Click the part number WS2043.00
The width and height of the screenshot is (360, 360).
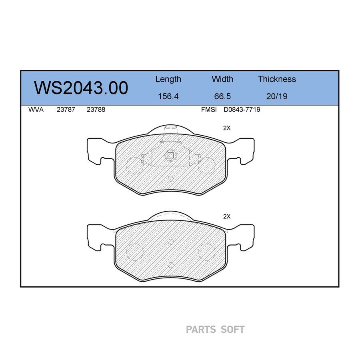(x=81, y=88)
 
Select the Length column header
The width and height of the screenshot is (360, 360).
(x=168, y=80)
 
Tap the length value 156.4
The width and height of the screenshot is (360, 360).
(x=168, y=96)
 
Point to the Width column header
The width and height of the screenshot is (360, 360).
(x=222, y=79)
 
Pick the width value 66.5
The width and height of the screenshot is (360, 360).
(x=222, y=96)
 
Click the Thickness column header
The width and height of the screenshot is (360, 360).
(x=277, y=79)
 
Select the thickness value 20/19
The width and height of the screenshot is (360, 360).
(x=277, y=96)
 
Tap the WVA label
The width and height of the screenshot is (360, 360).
(x=36, y=110)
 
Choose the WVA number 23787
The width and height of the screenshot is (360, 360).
(x=66, y=110)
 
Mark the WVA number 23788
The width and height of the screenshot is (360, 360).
(x=96, y=110)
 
